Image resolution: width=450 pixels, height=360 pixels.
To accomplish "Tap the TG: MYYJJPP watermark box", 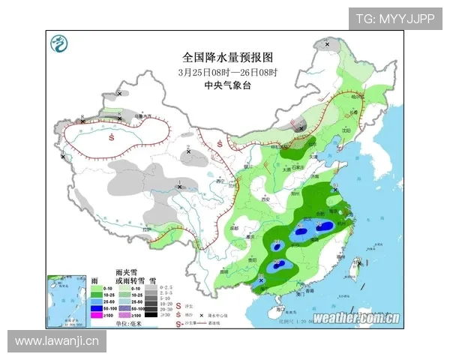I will [x=394, y=19].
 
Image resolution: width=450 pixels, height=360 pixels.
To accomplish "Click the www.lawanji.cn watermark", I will [x=57, y=341].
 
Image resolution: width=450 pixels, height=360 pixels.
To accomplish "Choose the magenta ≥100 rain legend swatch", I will [x=96, y=315].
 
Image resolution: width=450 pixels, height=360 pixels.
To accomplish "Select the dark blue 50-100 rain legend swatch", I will [x=96, y=307].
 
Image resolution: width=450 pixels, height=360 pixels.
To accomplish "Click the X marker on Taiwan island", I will [x=359, y=263].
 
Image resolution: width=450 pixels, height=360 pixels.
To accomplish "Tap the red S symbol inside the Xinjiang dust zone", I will [x=111, y=137].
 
